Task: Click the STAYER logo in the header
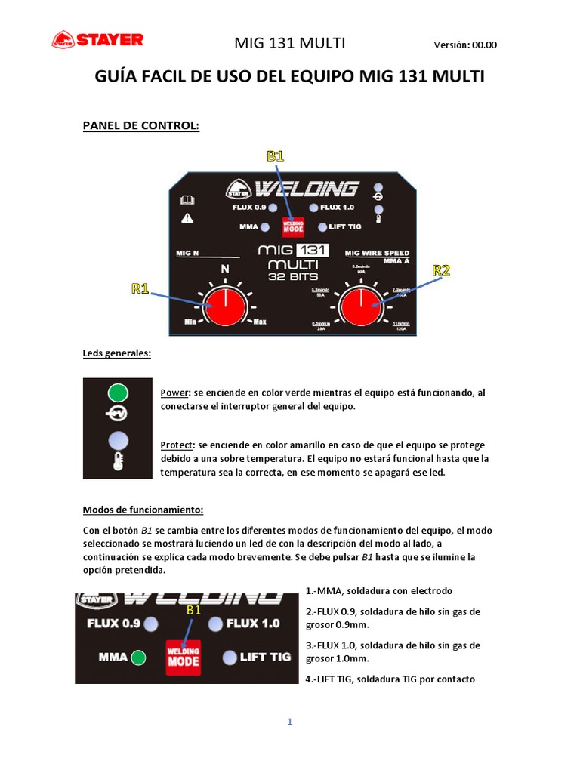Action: click(x=97, y=40)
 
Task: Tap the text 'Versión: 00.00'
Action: click(x=465, y=45)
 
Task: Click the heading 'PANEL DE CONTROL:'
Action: click(x=140, y=125)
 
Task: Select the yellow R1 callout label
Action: click(x=140, y=288)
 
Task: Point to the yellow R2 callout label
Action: click(x=441, y=270)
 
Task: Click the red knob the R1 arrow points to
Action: click(x=224, y=306)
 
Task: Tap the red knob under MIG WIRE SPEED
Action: click(x=361, y=306)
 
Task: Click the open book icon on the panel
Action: click(x=187, y=200)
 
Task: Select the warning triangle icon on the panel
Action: click(x=187, y=218)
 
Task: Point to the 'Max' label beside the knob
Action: click(x=260, y=322)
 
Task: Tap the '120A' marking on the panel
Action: click(x=400, y=329)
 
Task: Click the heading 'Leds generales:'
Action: click(x=117, y=353)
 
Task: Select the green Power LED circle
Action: click(x=118, y=393)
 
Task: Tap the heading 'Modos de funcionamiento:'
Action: click(x=143, y=510)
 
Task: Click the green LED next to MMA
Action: click(x=138, y=657)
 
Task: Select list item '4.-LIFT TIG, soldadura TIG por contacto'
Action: click(x=390, y=679)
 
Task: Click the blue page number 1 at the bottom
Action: click(x=289, y=722)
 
